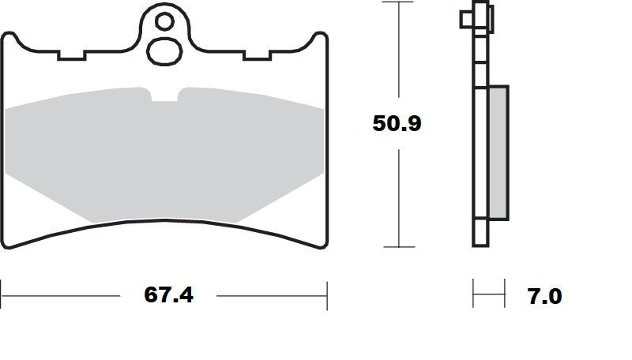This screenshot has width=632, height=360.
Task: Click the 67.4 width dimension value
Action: click(x=168, y=295)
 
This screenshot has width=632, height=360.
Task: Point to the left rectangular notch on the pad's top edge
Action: click(x=72, y=56)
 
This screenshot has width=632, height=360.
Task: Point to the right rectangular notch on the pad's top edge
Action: click(x=257, y=56)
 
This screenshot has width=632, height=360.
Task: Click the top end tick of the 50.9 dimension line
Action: click(x=399, y=2)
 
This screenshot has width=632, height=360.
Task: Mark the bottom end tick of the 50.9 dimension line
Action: click(x=399, y=247)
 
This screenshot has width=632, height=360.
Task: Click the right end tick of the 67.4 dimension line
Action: click(x=327, y=295)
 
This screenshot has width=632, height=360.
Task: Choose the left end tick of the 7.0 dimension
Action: click(x=473, y=294)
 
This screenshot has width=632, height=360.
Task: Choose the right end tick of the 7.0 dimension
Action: click(x=505, y=294)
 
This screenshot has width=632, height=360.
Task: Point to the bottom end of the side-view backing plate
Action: click(x=479, y=245)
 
